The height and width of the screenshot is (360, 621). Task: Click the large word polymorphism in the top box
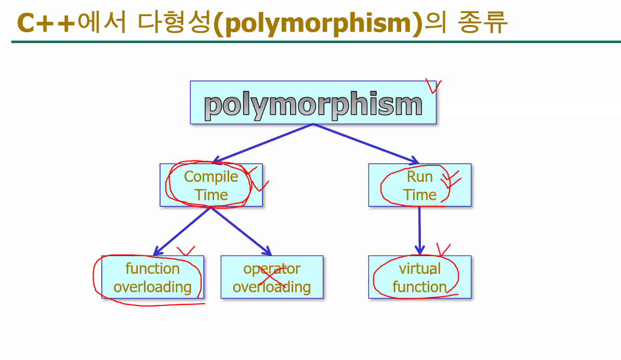click(313, 105)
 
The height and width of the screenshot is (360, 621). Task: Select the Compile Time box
click(211, 185)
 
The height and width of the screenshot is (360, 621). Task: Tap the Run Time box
click(420, 185)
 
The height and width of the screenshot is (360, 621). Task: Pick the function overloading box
click(152, 277)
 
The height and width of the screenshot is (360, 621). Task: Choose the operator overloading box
click(272, 277)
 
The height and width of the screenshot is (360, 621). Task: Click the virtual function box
click(420, 277)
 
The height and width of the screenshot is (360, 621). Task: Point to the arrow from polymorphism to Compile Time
click(262, 143)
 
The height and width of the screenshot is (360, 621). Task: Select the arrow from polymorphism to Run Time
click(366, 143)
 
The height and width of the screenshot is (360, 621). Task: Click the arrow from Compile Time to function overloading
click(182, 231)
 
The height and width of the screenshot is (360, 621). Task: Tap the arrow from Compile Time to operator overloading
click(241, 231)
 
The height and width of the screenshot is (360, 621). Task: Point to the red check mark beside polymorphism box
click(432, 86)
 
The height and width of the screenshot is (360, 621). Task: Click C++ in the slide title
click(46, 22)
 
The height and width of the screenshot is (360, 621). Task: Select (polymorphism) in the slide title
click(318, 23)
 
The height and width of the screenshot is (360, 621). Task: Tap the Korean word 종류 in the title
click(483, 22)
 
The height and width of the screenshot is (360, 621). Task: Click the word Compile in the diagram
click(211, 177)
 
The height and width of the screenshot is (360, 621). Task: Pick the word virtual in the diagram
click(420, 269)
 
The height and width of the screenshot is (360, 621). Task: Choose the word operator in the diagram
click(272, 269)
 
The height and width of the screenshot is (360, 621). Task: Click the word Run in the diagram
click(420, 177)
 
